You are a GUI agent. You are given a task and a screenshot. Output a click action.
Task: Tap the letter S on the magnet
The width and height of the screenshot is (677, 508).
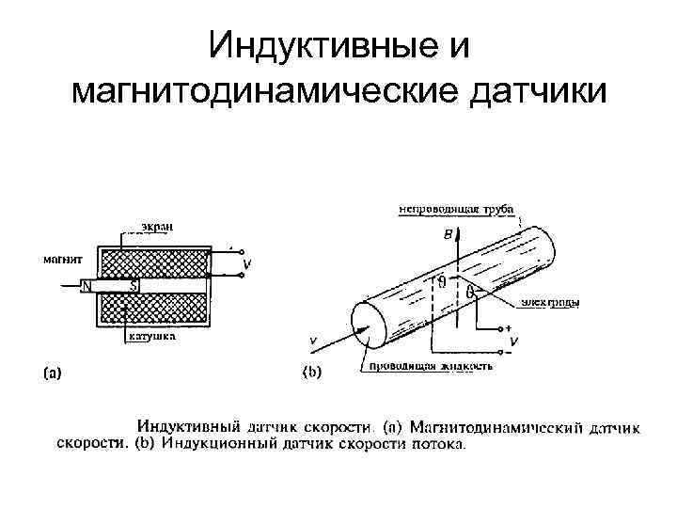tap(134, 286)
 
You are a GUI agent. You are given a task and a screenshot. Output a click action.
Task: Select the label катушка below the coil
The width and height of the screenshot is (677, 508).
tap(150, 344)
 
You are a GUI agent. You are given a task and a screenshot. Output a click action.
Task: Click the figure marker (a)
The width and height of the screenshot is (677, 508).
tap(53, 372)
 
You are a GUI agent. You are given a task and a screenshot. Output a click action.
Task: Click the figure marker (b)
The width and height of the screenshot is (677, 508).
tap(312, 372)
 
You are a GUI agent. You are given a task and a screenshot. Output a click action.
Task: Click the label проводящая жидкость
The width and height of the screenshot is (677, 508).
tap(430, 366)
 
